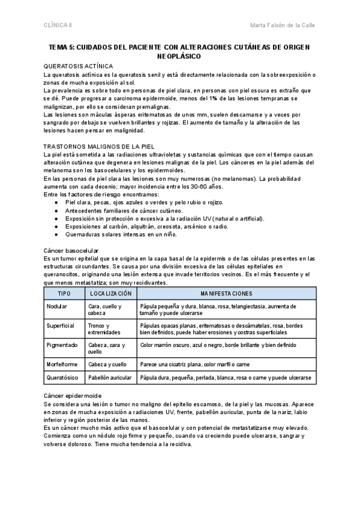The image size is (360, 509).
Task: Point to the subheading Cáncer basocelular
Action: (x=71, y=250)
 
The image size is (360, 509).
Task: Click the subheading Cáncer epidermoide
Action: (x=73, y=396)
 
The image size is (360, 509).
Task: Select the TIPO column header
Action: (x=64, y=294)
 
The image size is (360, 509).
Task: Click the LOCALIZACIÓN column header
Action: (x=110, y=294)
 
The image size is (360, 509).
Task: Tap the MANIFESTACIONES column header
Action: (x=226, y=294)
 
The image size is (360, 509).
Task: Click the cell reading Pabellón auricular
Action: (x=110, y=378)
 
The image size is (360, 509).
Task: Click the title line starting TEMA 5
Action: (x=180, y=46)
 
